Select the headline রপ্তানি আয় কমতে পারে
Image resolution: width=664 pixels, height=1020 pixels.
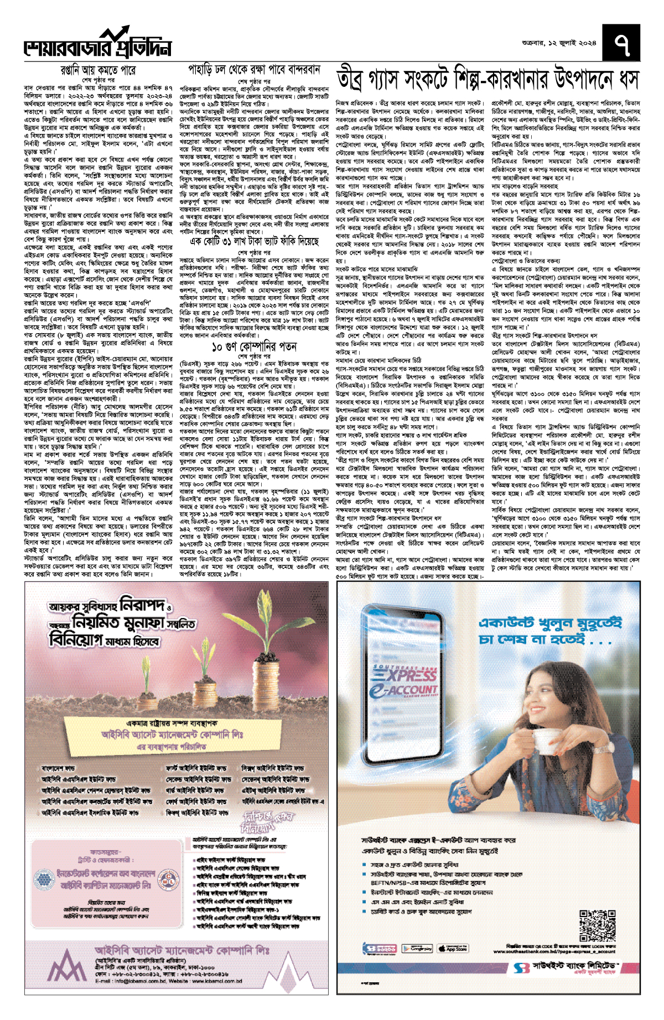click(98, 71)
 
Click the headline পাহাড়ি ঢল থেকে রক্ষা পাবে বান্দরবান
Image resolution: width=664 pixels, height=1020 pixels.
click(254, 70)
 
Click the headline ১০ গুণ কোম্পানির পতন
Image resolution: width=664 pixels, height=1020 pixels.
click(254, 347)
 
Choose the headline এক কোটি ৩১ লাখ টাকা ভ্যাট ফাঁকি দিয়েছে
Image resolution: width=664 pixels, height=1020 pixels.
click(254, 242)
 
